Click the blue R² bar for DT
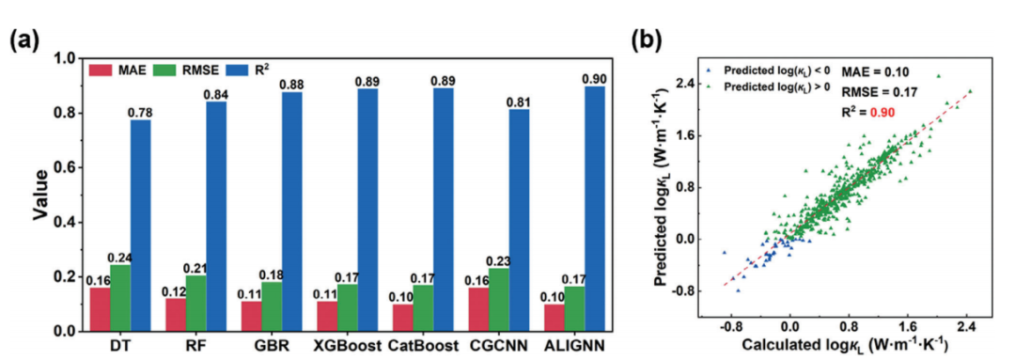tap(140, 226)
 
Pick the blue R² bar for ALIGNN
tap(594, 209)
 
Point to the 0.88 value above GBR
tap(292, 85)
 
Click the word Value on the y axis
tap(40, 195)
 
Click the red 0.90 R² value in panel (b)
tap(882, 112)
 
